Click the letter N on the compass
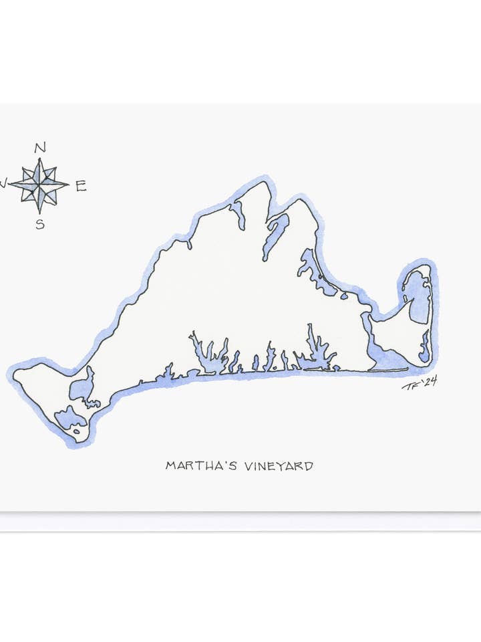point(39,148)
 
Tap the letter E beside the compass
point(81,187)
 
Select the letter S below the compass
point(40,225)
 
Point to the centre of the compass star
point(39,184)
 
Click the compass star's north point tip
point(39,159)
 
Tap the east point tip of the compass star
point(67,184)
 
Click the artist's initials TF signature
point(410,385)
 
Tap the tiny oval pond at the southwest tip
point(77,431)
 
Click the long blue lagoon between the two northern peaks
point(275,234)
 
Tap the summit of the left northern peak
point(266,183)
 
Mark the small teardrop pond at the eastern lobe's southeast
point(424,346)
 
